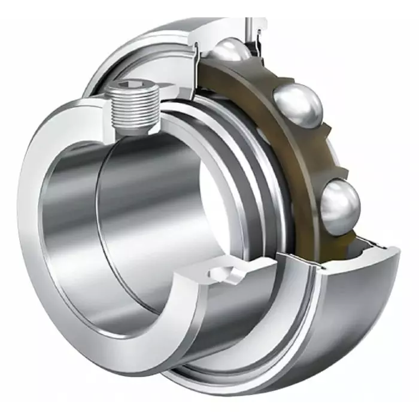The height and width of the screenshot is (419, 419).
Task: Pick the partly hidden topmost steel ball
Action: (x=230, y=50)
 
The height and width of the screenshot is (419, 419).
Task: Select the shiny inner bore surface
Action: (x=138, y=198)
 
